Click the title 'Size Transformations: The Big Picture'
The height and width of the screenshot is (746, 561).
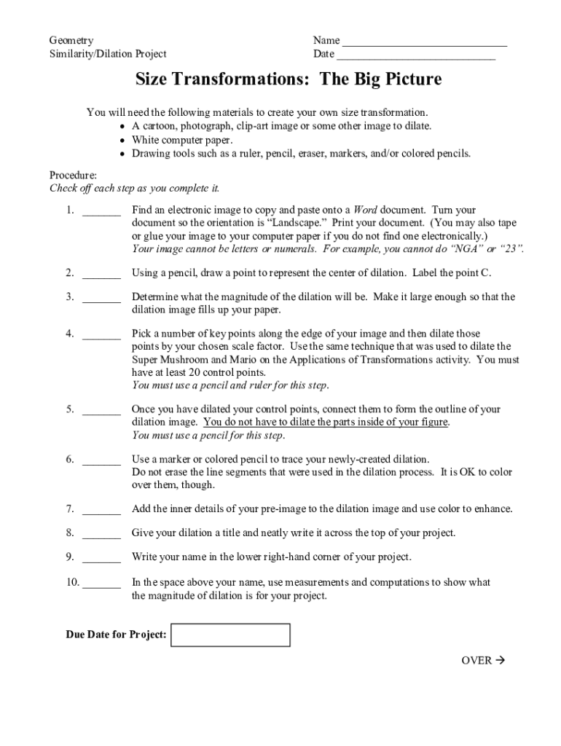[x=289, y=79]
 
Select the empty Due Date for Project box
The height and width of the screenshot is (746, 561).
[x=230, y=635]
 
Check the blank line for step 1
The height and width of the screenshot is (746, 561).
[x=101, y=212]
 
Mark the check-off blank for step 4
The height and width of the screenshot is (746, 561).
[x=101, y=334]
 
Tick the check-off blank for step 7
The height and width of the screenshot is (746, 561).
[x=101, y=509]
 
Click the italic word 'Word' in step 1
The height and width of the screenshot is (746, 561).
[x=365, y=211]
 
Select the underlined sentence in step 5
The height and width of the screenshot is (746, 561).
[x=326, y=423]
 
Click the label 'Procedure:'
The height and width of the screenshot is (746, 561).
[x=73, y=176]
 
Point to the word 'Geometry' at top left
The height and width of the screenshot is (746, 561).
[x=71, y=41]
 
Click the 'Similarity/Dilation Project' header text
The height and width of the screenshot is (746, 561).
[x=108, y=54]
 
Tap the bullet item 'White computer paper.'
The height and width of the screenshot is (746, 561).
[x=182, y=140]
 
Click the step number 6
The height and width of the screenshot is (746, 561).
[x=69, y=460]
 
